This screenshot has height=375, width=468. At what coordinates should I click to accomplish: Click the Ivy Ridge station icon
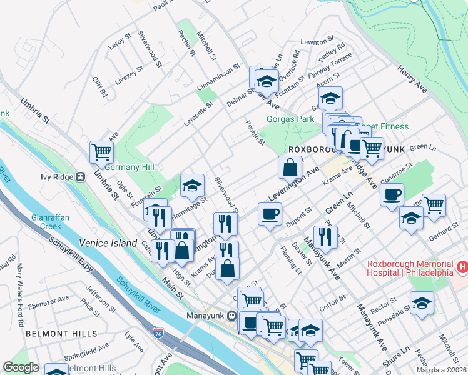80,177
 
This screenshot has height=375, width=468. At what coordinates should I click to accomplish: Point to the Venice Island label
108,242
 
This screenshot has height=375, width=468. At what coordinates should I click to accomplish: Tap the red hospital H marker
462,267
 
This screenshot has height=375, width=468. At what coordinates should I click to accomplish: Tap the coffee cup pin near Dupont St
270,214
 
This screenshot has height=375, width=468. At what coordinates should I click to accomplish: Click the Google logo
20,367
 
